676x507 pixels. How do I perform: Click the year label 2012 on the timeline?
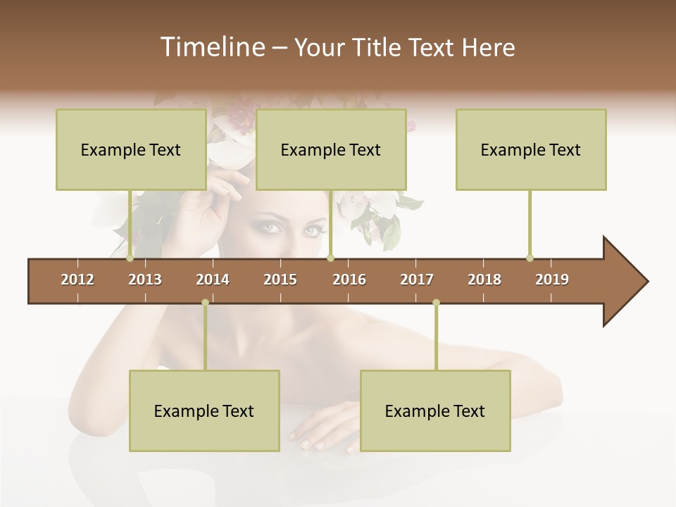coord(77,280)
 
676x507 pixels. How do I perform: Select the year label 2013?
coord(145,280)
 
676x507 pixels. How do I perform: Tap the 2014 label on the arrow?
coord(213,280)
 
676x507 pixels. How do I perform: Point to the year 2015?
coord(280,280)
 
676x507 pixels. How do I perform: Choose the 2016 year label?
coord(349,280)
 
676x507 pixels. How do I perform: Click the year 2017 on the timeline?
coord(417,280)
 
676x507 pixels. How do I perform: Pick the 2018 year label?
coord(484,280)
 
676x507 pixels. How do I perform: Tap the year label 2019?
coord(552,280)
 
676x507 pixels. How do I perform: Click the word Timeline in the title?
coord(211,47)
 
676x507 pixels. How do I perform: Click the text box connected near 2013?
coord(131,149)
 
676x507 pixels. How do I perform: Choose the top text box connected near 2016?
coord(331,149)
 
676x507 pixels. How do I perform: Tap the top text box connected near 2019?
coord(531,149)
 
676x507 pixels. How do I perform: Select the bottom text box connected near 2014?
coord(204,411)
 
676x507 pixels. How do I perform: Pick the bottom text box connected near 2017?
coord(435,411)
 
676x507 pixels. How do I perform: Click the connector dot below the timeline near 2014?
coord(205,303)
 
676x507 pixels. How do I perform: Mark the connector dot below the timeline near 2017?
coord(436,303)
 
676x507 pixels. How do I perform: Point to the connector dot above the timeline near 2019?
coord(530,258)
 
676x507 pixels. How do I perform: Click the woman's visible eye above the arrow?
coord(272,228)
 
